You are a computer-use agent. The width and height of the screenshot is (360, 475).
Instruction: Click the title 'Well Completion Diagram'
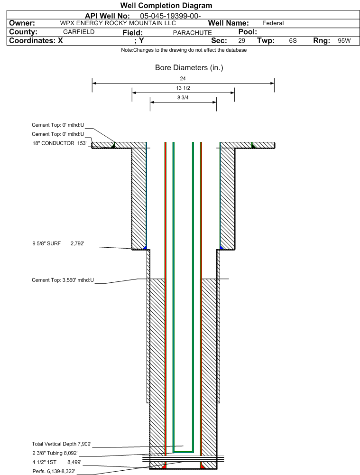point(166,5)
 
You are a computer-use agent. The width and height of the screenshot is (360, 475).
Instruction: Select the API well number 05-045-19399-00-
point(170,16)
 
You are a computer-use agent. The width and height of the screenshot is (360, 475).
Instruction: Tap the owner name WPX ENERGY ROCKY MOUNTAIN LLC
point(118,23)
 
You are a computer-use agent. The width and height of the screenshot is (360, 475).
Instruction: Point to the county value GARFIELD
point(79,32)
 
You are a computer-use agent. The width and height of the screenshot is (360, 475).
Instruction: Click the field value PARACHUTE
point(192,33)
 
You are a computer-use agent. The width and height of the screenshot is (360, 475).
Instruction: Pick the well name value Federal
point(273,23)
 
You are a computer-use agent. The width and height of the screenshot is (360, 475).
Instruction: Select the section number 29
point(241,41)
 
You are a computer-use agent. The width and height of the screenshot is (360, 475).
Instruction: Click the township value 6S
point(293,41)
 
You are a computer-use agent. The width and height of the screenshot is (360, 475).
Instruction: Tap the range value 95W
point(344,41)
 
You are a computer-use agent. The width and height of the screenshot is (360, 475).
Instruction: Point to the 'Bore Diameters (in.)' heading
point(189,67)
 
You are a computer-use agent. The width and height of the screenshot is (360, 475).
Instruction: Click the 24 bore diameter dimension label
point(183,78)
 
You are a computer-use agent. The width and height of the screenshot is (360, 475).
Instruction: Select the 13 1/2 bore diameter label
point(183,88)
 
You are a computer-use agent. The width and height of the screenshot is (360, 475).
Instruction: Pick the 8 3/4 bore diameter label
point(183,98)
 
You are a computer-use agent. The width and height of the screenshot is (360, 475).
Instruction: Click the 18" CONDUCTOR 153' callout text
point(59,143)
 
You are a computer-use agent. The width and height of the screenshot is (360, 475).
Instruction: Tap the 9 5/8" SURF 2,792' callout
point(58,243)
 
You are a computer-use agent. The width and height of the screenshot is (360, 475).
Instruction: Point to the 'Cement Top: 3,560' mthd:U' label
point(63,280)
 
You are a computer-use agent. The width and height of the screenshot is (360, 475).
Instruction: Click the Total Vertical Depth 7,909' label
point(62,444)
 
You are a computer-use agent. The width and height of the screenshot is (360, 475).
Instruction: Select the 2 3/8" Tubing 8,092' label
point(55,453)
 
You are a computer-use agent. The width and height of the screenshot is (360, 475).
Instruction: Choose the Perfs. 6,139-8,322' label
point(54,471)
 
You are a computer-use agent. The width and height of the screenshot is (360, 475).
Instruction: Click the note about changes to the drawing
point(184,50)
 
